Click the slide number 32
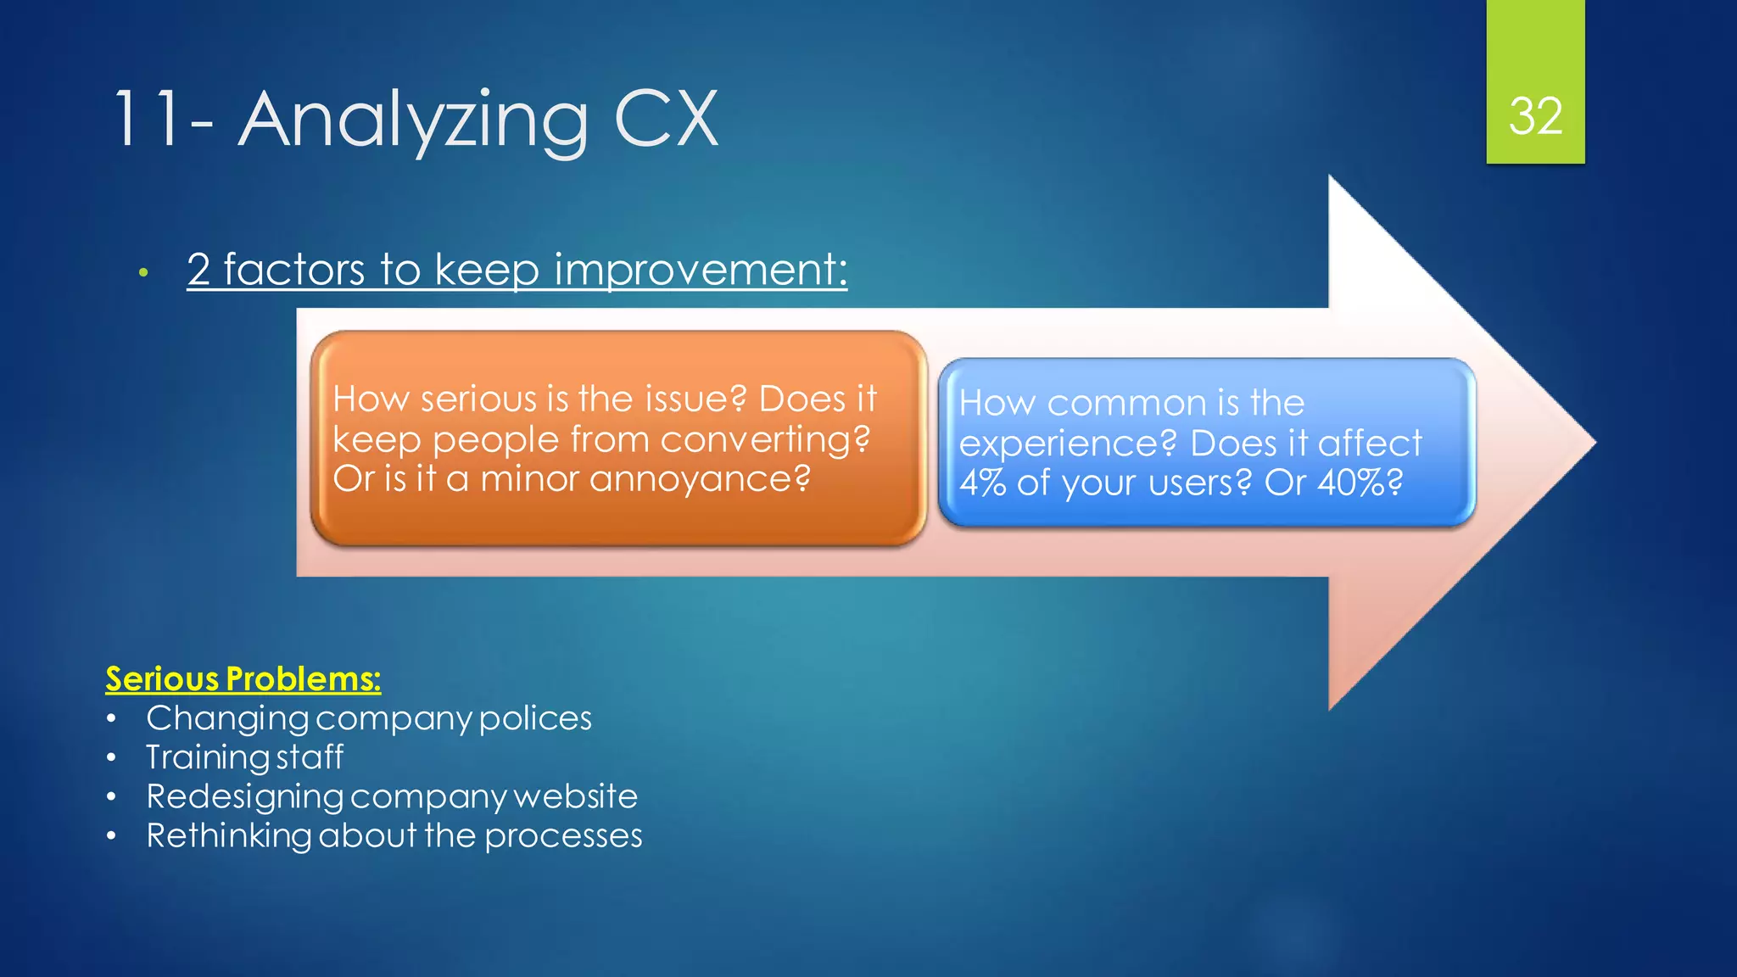[x=1535, y=116]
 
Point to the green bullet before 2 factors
[x=144, y=272]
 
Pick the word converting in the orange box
[x=765, y=439]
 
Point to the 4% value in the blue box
[x=982, y=483]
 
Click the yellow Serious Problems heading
[x=243, y=678]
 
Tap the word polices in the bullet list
[x=535, y=718]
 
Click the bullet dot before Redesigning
[x=111, y=797]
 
